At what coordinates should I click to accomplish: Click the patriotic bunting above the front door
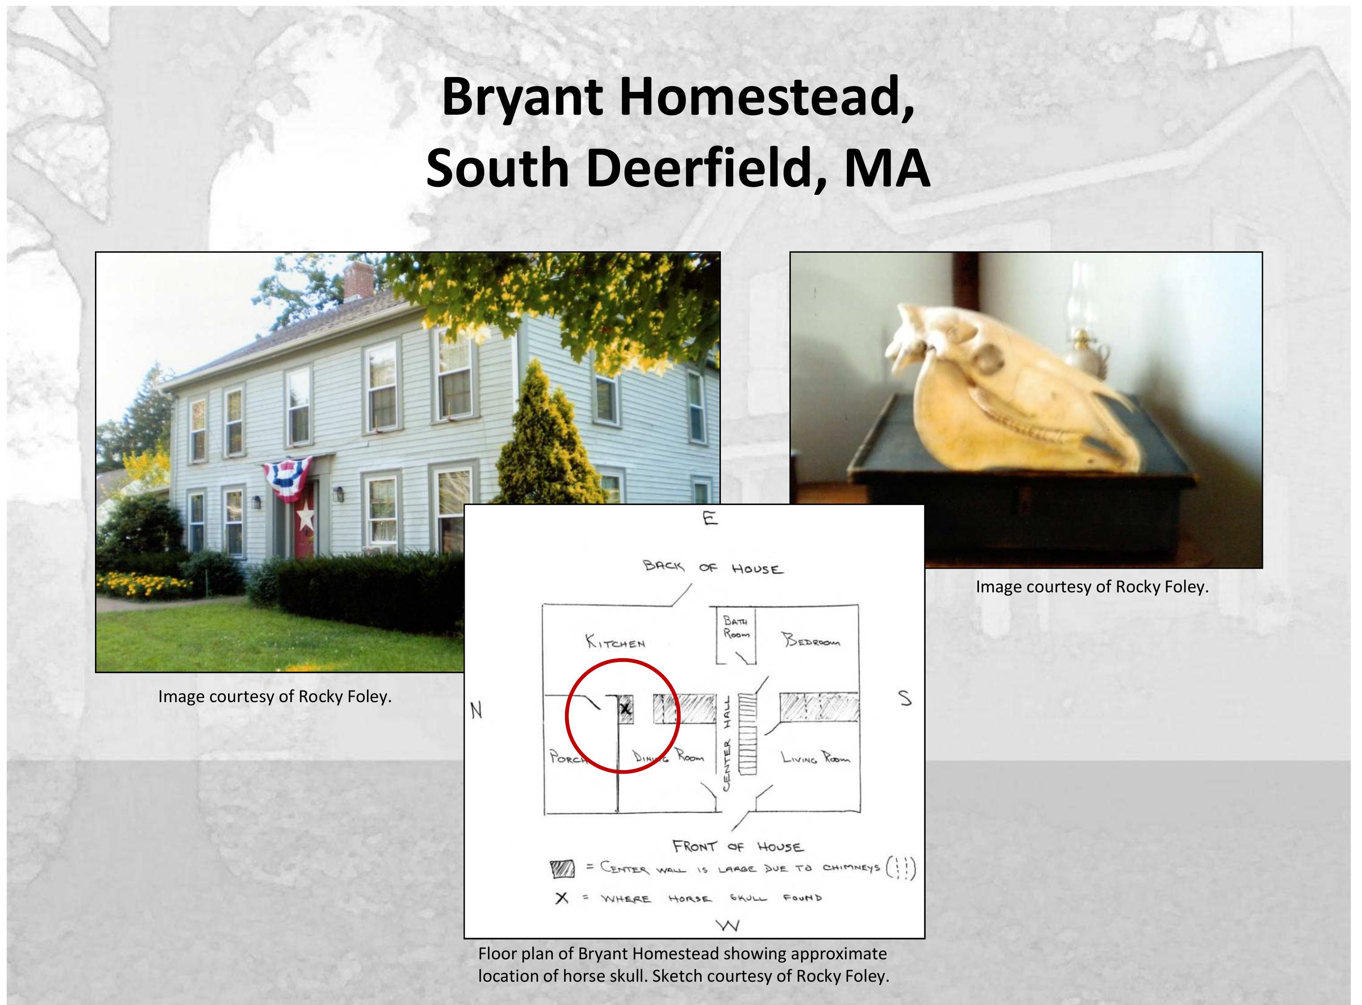pos(287,479)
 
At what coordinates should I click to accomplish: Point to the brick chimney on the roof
pos(358,281)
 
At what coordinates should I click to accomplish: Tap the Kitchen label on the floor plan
pos(615,641)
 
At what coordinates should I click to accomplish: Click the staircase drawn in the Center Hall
pos(747,735)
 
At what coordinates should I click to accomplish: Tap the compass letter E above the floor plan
pos(710,518)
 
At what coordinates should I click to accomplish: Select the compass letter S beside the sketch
pos(905,699)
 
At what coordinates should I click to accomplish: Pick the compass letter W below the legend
pos(728,925)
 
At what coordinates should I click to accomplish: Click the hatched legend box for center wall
pos(562,869)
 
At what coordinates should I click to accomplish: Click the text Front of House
pos(738,846)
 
